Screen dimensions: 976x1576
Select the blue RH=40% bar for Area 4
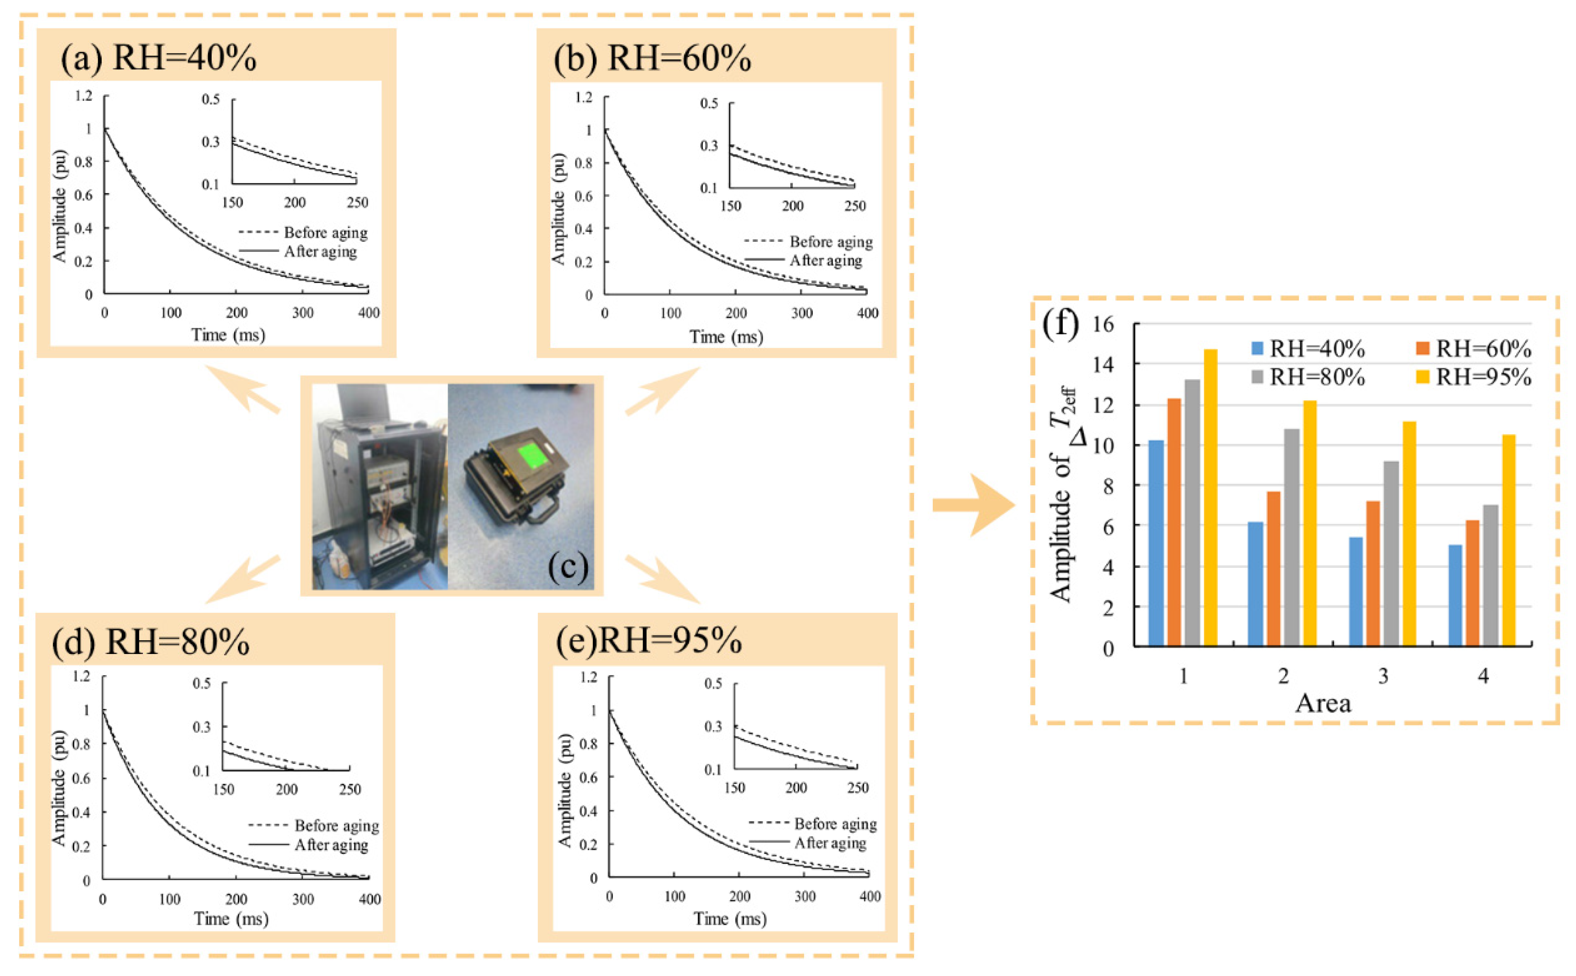[x=1455, y=594]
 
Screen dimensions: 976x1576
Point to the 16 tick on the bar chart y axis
[x=1103, y=324]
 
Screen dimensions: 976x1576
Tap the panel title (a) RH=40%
[x=159, y=58]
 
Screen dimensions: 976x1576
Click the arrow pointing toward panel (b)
[x=661, y=392]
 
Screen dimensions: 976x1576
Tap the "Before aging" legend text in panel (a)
[x=325, y=232]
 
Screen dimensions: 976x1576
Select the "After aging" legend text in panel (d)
[x=331, y=845]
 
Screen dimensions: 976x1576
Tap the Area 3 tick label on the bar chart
[x=1383, y=676]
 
